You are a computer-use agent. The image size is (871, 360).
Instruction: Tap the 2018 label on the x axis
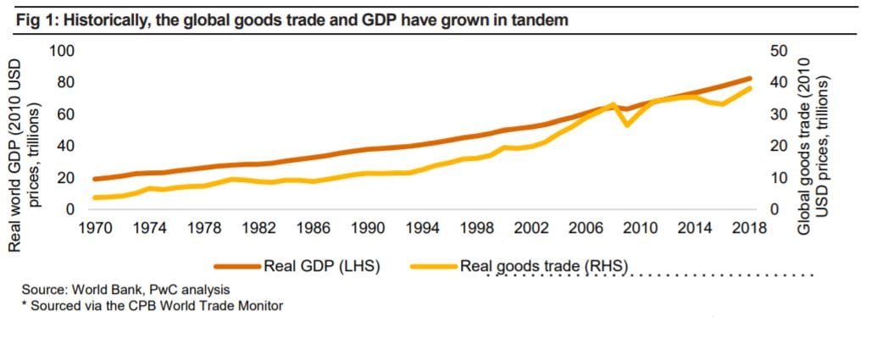point(748,228)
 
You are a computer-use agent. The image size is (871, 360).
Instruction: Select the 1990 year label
point(367,228)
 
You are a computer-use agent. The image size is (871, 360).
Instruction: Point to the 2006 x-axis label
point(585,228)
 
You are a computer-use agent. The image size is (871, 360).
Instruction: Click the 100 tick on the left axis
point(64,51)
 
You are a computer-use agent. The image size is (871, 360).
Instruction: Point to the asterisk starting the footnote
point(25,306)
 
